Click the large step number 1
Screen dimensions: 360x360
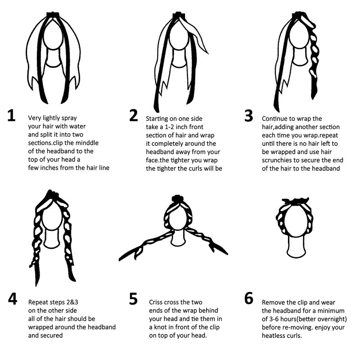tap(11, 116)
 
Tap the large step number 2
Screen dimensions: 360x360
tap(134, 116)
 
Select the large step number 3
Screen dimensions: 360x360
tap(249, 116)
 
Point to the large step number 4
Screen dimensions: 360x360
tap(13, 299)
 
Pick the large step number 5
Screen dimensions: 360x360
tap(133, 299)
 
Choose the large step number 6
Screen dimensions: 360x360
tap(249, 298)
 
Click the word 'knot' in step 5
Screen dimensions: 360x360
tap(161, 327)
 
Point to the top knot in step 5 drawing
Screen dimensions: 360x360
tap(177, 198)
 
